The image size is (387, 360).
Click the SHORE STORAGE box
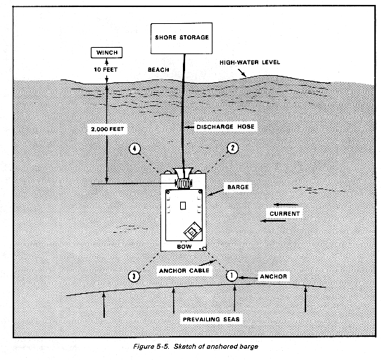(182, 38)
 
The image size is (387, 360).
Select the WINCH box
(107, 53)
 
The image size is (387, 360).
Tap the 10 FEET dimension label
(106, 70)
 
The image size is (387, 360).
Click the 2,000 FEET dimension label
(108, 129)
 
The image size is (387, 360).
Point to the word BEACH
(158, 70)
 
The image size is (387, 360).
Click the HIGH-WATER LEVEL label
(250, 62)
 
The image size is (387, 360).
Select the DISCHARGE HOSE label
(225, 127)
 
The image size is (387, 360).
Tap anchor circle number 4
(134, 148)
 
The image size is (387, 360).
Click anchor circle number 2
(232, 148)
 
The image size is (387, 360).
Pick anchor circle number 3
(134, 276)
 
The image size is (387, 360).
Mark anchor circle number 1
(231, 276)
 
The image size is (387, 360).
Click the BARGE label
(238, 187)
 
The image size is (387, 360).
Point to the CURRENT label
(284, 214)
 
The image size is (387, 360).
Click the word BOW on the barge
(184, 247)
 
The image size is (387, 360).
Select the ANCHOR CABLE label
(184, 271)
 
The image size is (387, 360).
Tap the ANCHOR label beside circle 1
(274, 276)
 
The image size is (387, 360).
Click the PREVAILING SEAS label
(211, 319)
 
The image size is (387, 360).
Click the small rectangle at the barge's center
(183, 205)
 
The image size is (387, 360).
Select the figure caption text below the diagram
(196, 347)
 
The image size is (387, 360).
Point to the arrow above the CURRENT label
(286, 205)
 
